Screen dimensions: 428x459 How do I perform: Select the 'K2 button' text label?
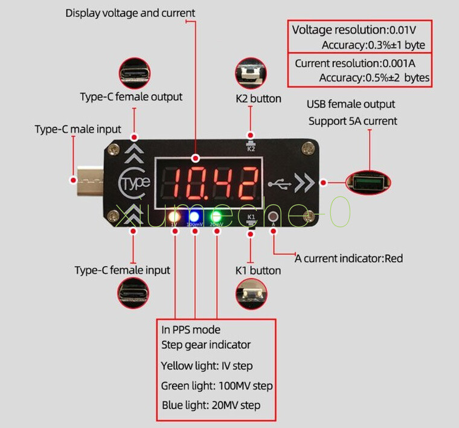[258, 99]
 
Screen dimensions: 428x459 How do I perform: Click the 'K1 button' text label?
[258, 270]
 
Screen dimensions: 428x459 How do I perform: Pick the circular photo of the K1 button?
[251, 296]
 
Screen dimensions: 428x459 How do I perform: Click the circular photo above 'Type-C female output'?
[135, 73]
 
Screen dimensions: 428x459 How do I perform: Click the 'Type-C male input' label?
[78, 129]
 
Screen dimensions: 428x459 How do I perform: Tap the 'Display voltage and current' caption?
[130, 13]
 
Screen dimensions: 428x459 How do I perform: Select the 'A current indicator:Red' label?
[349, 259]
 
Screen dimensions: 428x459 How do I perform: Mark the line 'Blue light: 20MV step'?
[211, 404]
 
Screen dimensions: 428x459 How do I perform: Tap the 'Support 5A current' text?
[353, 121]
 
